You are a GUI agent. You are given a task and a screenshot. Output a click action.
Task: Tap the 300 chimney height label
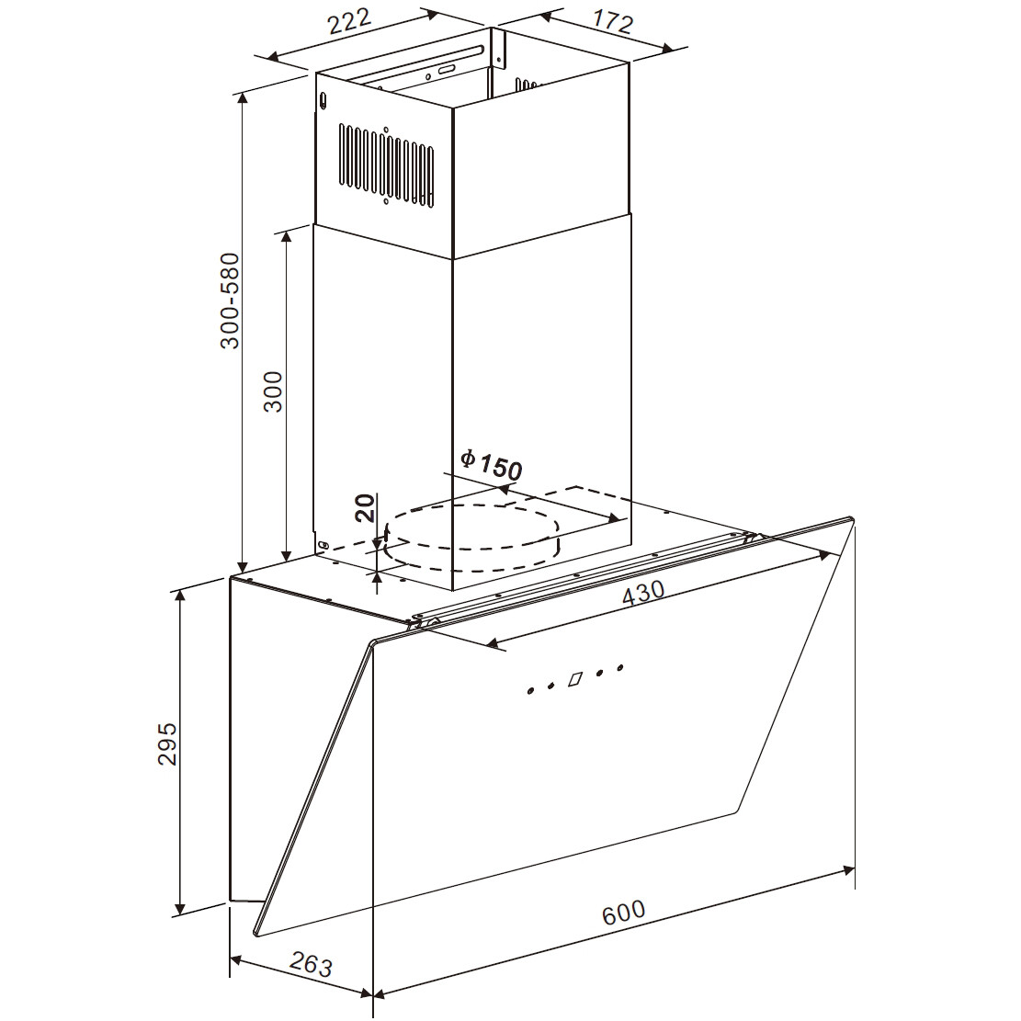click(274, 391)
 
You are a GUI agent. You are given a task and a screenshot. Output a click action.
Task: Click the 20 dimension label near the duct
click(366, 508)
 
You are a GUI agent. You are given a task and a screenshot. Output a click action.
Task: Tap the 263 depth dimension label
click(311, 963)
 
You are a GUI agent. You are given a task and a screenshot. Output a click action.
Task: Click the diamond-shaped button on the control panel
click(575, 679)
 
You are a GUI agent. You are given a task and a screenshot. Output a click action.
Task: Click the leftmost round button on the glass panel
click(529, 691)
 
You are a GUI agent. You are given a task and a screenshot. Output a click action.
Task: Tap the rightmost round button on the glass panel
click(620, 667)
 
